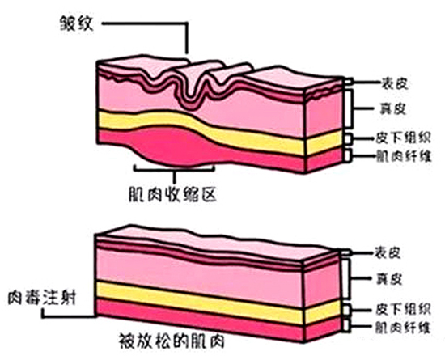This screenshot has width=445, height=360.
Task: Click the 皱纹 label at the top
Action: [x=77, y=23]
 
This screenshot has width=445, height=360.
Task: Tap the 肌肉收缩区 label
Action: [x=172, y=194]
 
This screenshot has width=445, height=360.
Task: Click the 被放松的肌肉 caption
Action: [x=172, y=341]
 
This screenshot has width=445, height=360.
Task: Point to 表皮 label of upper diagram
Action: [x=395, y=83]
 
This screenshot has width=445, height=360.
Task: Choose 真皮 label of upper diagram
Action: [x=393, y=108]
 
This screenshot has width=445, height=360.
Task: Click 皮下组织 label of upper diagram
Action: [x=403, y=138]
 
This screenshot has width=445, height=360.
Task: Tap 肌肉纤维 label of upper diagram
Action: [x=404, y=156]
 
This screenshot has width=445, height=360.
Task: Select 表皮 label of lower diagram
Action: [x=388, y=252]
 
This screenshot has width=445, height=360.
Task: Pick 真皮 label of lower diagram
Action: [x=389, y=279]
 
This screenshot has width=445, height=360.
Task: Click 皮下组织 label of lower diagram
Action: [x=403, y=309]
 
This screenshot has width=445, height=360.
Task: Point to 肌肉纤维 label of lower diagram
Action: [x=403, y=328]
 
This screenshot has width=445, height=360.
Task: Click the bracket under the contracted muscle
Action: [x=174, y=169]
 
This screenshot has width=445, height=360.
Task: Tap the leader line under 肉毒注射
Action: [x=68, y=316]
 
